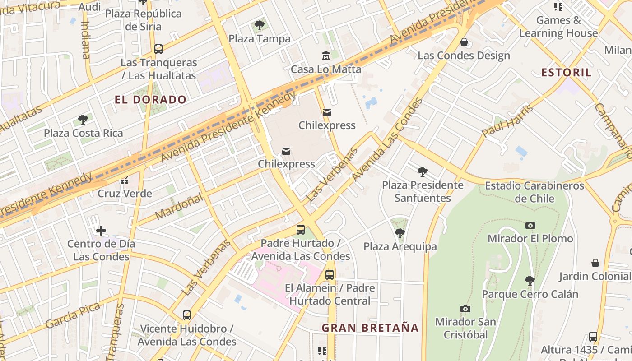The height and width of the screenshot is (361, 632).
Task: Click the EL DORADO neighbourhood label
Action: pos(150,100)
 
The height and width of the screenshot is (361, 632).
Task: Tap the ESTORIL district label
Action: pos(566,73)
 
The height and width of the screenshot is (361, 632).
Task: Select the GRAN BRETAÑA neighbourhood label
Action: pos(370,328)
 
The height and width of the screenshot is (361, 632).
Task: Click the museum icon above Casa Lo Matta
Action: pos(326,56)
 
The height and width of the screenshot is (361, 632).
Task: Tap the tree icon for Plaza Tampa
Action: pos(259,25)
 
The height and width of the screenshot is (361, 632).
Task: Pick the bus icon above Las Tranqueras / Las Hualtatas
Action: pos(158,49)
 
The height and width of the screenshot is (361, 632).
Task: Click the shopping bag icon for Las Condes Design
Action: pos(464,42)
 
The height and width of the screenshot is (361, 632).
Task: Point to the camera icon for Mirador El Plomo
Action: pos(530,225)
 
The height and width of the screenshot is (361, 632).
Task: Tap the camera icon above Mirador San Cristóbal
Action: pos(465,309)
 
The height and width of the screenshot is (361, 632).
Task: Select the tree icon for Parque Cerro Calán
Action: pos(530,281)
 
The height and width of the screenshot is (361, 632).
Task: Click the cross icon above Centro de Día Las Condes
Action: pos(101,231)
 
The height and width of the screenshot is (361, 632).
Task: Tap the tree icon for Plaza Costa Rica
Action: pos(83,120)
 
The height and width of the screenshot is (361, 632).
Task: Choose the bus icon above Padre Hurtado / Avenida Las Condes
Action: pos(301,230)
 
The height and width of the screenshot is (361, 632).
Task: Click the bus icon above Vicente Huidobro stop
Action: pos(187,315)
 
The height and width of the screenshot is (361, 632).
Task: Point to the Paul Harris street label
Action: pos(507,121)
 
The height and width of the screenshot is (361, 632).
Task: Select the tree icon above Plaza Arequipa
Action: pos(400,233)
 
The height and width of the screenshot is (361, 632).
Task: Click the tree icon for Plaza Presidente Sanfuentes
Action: pos(423,171)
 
